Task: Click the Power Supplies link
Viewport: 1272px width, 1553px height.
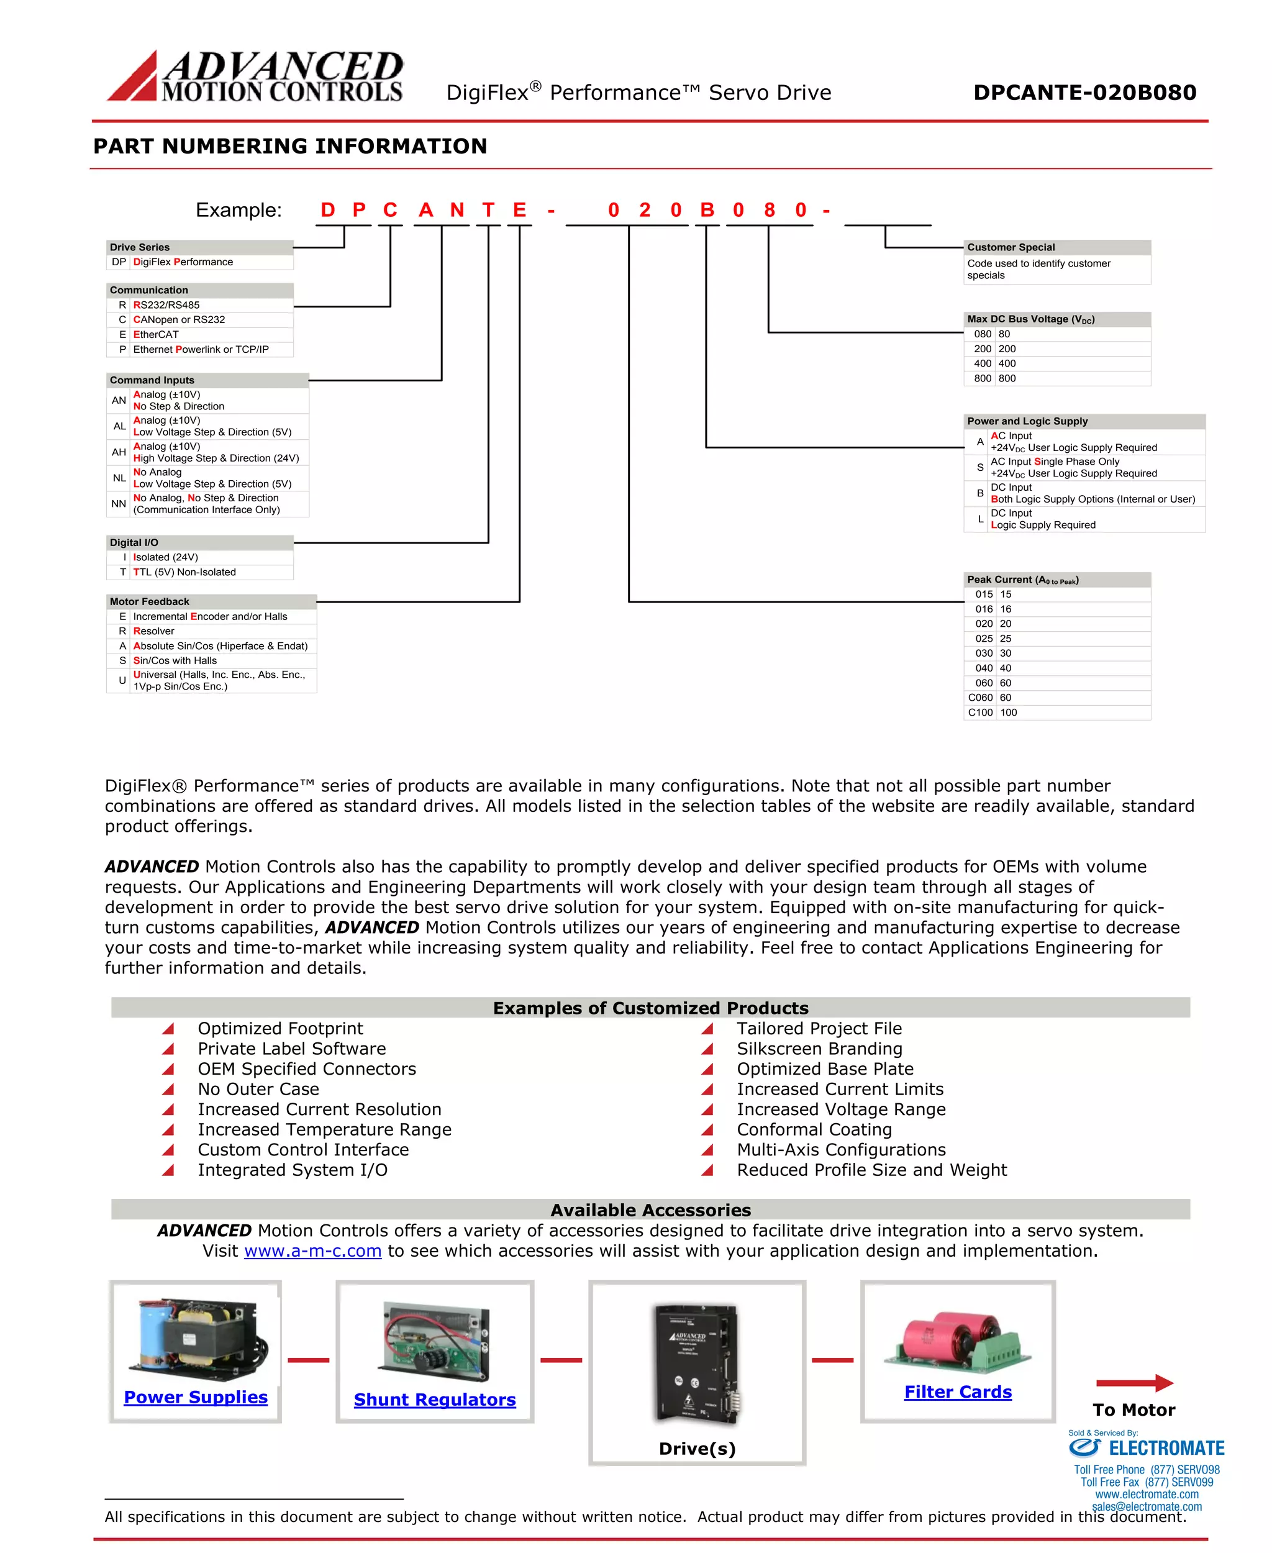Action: coord(196,1397)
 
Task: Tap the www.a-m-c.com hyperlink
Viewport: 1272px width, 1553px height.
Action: coord(313,1251)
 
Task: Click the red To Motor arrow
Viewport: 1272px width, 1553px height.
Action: coord(1134,1383)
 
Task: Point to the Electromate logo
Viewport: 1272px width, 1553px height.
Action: coord(1146,1447)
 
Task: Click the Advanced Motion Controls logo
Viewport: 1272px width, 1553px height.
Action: coord(255,76)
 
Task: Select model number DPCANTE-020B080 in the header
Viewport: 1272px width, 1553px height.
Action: coord(1084,93)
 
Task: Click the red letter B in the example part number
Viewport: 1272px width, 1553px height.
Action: coord(707,211)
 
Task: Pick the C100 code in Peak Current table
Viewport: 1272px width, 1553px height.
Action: coord(980,713)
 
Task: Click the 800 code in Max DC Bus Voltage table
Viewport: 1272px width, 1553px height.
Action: coord(982,378)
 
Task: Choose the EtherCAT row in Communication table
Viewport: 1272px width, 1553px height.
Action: coord(156,334)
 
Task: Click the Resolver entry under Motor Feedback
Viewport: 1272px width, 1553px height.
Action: coord(154,631)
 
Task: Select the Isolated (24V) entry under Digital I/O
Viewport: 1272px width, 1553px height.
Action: coord(166,557)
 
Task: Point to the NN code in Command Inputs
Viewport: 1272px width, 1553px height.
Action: coord(119,504)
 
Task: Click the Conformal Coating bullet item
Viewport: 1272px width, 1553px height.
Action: coord(814,1129)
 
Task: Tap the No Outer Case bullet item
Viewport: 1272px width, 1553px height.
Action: coord(258,1089)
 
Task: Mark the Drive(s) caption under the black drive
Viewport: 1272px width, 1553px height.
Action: coord(697,1448)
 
